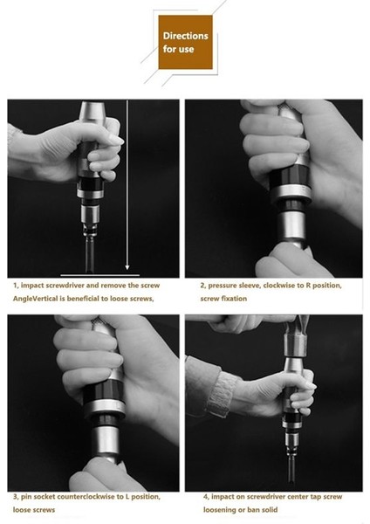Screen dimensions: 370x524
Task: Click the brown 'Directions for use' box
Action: click(185, 42)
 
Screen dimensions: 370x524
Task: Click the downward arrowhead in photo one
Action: click(127, 267)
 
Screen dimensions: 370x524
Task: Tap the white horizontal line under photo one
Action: click(99, 275)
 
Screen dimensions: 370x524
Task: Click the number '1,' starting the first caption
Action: click(16, 286)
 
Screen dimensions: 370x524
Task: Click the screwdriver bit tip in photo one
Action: click(90, 270)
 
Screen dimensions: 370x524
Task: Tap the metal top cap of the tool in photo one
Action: click(92, 111)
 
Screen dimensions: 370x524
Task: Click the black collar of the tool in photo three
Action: click(104, 391)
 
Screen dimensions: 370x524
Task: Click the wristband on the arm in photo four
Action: click(221, 394)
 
